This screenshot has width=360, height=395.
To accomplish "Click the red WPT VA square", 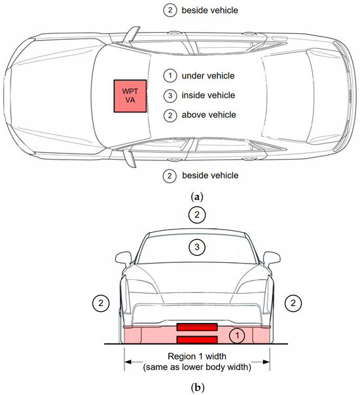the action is point(130,96).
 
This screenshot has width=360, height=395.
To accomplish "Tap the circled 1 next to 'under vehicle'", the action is point(170,76).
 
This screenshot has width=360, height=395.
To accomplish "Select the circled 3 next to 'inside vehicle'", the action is point(170,95).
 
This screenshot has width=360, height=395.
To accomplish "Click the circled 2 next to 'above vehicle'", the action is point(170,115).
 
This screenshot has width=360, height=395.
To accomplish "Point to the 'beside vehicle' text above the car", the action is point(209,10).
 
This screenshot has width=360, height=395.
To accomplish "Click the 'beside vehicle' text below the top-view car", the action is point(210,175).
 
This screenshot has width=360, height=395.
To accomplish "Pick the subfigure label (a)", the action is point(197,196).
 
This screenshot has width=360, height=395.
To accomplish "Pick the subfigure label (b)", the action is point(198,387).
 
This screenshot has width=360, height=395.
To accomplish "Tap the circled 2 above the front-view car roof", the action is point(197,215).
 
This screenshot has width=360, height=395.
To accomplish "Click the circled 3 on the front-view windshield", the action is point(197,247).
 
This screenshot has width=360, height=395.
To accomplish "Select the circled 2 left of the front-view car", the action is point(101,303).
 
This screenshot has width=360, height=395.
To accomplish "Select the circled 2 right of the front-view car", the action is point(293,303).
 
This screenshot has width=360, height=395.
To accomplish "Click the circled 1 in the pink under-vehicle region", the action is point(237,335).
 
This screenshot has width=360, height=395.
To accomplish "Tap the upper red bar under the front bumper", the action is point(197,327).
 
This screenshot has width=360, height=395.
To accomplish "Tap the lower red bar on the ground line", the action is point(197,339).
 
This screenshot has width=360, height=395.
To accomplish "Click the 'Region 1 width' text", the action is point(197,356).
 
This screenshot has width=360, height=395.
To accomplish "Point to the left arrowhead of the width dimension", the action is point(128,362).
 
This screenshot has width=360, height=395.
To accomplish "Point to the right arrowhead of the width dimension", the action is point(266,362).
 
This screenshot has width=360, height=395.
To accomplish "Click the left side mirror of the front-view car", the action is point(123,259).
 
